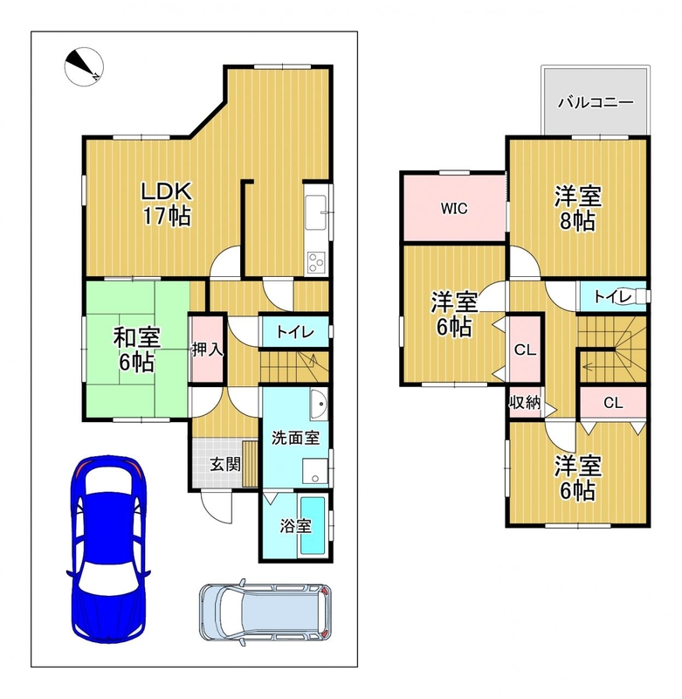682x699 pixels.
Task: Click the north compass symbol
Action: point(84,67)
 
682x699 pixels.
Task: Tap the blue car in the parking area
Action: point(109,550)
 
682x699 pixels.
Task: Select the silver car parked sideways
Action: point(265,612)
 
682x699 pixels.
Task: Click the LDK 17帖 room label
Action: point(167,204)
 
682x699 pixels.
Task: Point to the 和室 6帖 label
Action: point(137,349)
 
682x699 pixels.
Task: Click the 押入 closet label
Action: point(207,349)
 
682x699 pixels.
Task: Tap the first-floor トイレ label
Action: point(295,332)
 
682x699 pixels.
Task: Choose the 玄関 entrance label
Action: point(225,465)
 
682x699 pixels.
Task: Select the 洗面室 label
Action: point(295,438)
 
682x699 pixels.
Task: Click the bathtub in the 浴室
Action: point(313,526)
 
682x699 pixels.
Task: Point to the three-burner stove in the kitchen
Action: point(316,262)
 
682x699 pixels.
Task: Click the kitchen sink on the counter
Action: point(316,212)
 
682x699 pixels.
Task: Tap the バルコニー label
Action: point(596,102)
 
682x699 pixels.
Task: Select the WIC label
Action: point(454,208)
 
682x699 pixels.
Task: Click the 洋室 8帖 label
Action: point(578,208)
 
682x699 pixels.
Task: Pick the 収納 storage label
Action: point(525,402)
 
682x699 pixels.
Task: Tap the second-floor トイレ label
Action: point(613,296)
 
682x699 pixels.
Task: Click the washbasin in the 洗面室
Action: point(319,404)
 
